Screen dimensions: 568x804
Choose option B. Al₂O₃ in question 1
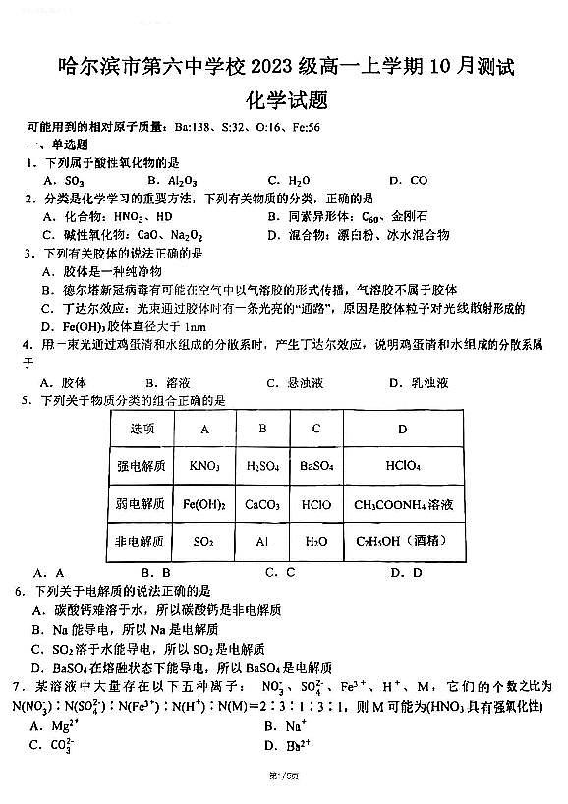[x=172, y=181]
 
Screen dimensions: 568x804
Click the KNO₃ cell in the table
[x=204, y=466]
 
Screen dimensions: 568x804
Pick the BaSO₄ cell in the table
[x=315, y=466]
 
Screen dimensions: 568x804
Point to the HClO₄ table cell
[x=403, y=466]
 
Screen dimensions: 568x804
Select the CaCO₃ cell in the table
[x=262, y=504]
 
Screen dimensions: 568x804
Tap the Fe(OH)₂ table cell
[x=204, y=504]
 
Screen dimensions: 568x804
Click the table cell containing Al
[x=262, y=541]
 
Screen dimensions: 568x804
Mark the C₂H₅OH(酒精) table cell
[x=403, y=541]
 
